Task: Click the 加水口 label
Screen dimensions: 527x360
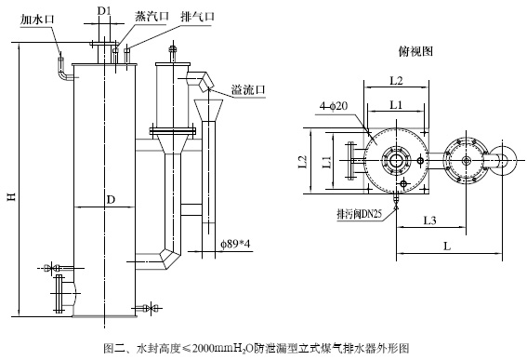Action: click(36, 20)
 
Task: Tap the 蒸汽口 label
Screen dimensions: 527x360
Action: click(152, 16)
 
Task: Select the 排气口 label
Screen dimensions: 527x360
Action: click(198, 16)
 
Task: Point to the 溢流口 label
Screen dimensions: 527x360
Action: click(248, 90)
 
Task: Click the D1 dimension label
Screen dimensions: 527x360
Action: click(104, 11)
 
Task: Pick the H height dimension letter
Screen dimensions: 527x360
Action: click(12, 196)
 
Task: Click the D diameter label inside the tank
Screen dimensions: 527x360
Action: click(111, 200)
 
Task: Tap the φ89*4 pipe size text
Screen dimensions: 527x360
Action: click(236, 244)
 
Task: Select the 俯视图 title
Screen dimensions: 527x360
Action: click(415, 51)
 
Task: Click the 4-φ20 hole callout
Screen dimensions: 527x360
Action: click(334, 106)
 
